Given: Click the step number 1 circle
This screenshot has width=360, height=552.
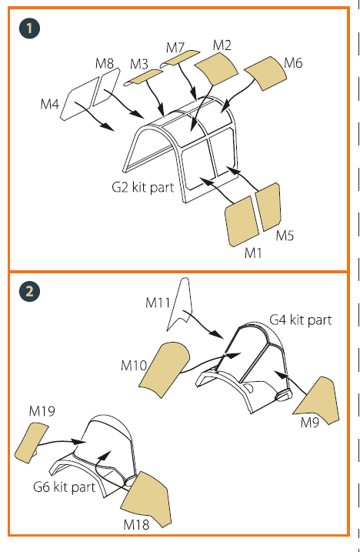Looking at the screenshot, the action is [29, 28].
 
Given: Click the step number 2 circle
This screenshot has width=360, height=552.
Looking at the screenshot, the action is [29, 291].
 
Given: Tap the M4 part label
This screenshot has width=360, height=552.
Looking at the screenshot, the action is [50, 104].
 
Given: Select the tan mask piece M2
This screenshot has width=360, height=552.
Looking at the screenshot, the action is [216, 69].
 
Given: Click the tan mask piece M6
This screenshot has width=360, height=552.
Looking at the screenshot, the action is [265, 73].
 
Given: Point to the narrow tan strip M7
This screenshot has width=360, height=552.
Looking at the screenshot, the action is [180, 59].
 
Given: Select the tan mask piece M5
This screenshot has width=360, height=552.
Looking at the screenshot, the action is [269, 206].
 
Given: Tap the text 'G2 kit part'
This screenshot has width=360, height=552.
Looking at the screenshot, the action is [143, 187].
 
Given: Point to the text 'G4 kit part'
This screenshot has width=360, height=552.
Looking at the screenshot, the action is [301, 320].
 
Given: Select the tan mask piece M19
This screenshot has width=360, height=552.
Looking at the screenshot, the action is [32, 443].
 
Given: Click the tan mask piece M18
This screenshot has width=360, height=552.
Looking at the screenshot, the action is [146, 499].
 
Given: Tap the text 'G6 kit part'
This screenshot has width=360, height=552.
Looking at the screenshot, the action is [65, 487].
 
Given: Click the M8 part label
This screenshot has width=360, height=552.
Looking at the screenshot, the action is [105, 63].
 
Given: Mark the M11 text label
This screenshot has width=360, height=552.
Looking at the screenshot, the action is [158, 303].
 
